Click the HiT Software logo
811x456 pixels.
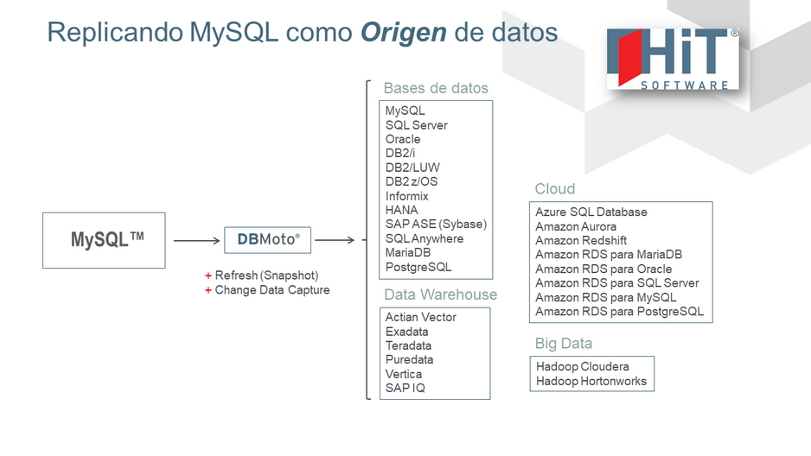click(673, 59)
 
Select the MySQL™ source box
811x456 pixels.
click(104, 240)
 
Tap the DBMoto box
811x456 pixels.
click(268, 239)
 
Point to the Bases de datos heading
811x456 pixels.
click(436, 88)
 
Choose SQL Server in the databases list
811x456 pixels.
click(417, 125)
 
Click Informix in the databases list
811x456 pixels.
click(407, 196)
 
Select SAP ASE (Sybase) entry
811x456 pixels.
click(437, 225)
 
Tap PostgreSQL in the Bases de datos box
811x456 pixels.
click(418, 267)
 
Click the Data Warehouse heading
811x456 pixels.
click(440, 294)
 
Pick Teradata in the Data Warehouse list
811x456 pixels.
click(410, 345)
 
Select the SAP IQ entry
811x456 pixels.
click(405, 388)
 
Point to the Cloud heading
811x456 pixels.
click(555, 189)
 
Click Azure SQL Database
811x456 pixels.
click(591, 212)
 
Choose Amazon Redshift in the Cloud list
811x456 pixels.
click(581, 241)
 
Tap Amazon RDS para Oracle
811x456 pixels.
click(603, 269)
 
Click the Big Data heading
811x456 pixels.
click(564, 344)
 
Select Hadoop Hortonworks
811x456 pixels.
click(591, 381)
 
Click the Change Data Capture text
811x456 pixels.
click(272, 290)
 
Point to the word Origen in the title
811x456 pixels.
click(404, 33)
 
